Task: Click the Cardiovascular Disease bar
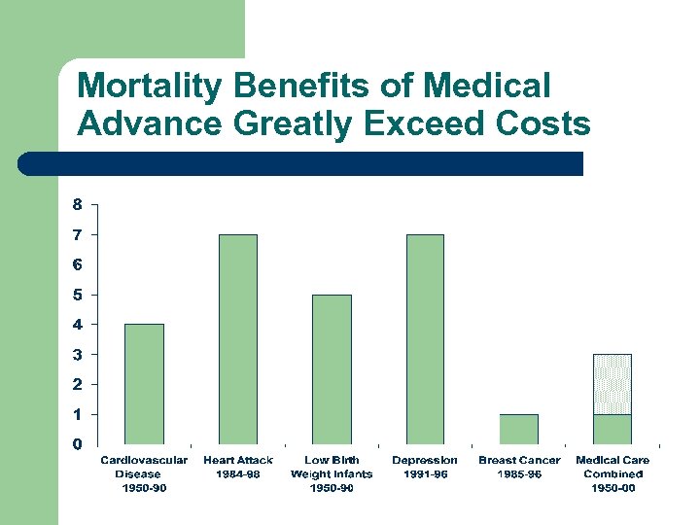144,384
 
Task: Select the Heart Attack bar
237,339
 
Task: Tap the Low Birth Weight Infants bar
332,369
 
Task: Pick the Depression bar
425,339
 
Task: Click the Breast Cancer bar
518,429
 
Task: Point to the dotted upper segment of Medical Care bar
612,384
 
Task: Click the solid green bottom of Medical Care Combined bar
612,429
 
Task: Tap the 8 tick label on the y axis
77,204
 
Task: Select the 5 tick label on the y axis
77,294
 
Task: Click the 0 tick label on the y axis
77,444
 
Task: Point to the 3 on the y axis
77,354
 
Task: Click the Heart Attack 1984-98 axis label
238,467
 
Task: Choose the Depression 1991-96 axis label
425,467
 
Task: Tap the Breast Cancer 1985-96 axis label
519,467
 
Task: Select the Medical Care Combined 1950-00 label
612,473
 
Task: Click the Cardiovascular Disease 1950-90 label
144,473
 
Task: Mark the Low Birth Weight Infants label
332,473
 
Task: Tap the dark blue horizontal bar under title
301,163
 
